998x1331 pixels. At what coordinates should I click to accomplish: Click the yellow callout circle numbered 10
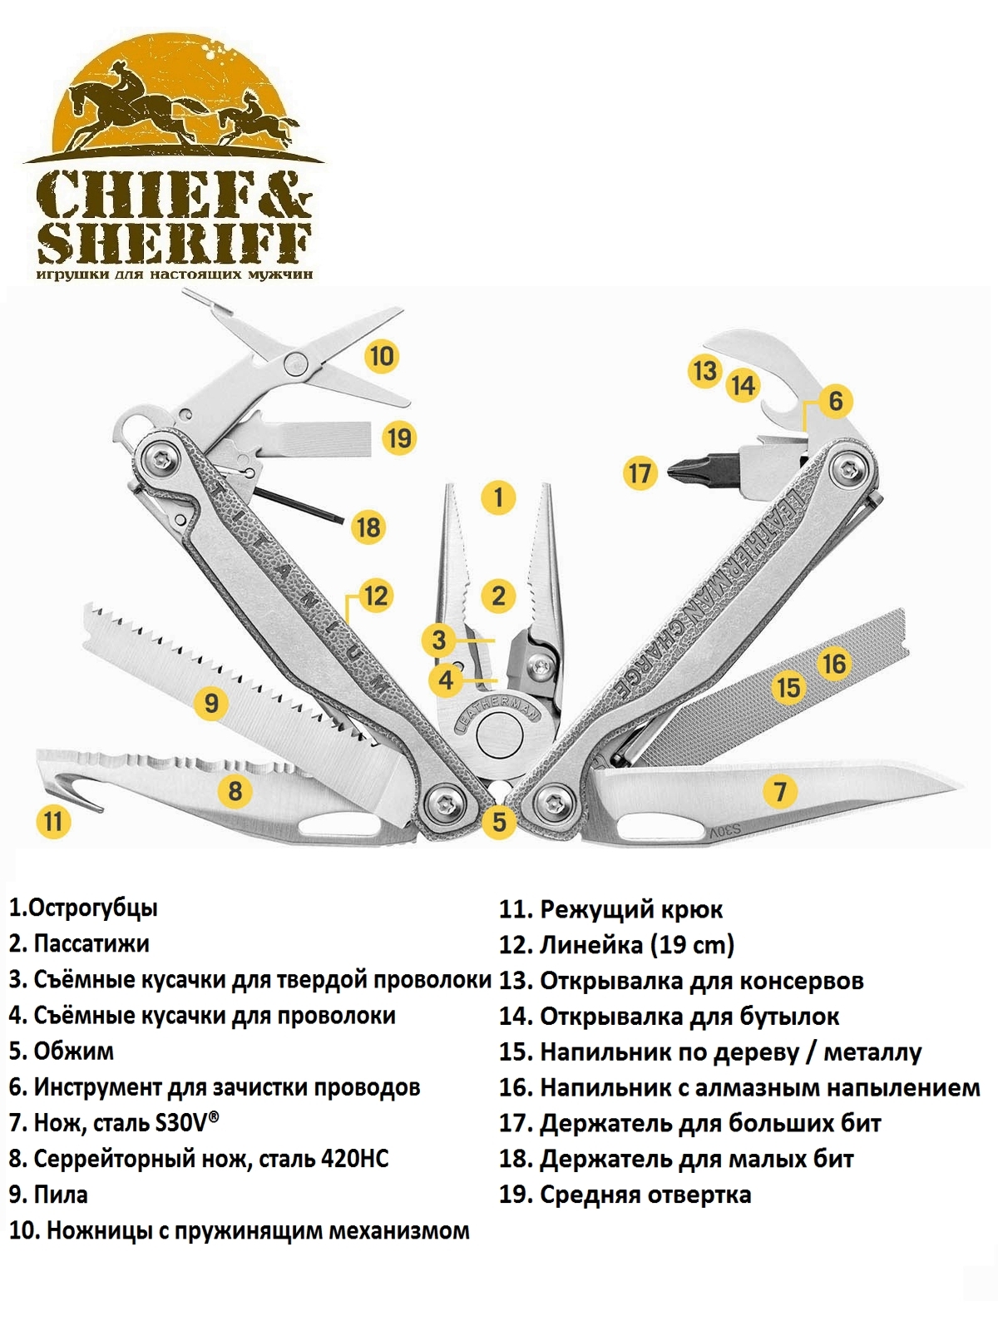[382, 356]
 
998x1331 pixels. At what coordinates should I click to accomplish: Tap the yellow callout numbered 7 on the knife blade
[779, 790]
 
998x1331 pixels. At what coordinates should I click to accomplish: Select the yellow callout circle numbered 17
[640, 473]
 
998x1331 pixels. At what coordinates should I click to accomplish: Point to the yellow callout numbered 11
[53, 821]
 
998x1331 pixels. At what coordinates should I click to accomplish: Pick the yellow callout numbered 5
[498, 821]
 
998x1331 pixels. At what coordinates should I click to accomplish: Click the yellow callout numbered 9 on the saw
[211, 703]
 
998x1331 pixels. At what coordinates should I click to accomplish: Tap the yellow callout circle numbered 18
[368, 527]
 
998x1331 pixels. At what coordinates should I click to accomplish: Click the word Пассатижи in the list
[91, 943]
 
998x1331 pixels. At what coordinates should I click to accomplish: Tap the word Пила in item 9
[61, 1194]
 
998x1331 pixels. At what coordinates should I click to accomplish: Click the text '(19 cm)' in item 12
[692, 944]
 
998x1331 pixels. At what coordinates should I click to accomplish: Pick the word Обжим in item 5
[73, 1051]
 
